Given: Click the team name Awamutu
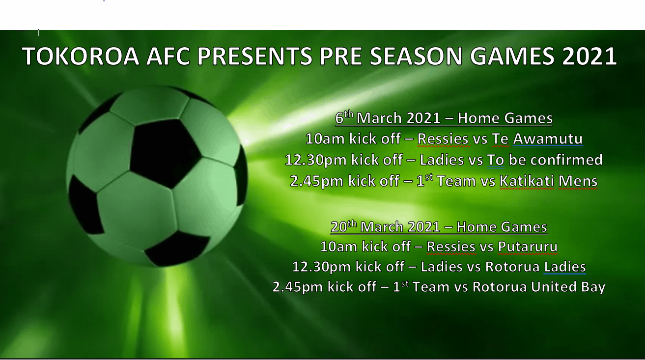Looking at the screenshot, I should pyautogui.click(x=548, y=139).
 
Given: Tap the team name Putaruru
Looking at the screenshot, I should pyautogui.click(x=528, y=246).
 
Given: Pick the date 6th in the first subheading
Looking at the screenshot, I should pyautogui.click(x=344, y=118).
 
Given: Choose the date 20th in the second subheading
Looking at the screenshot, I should pyautogui.click(x=343, y=226).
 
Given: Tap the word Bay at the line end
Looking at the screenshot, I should pyautogui.click(x=594, y=287).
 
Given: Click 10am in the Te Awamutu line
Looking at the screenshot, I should pyautogui.click(x=325, y=139).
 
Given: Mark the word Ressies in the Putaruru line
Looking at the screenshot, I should pyautogui.click(x=451, y=246).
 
